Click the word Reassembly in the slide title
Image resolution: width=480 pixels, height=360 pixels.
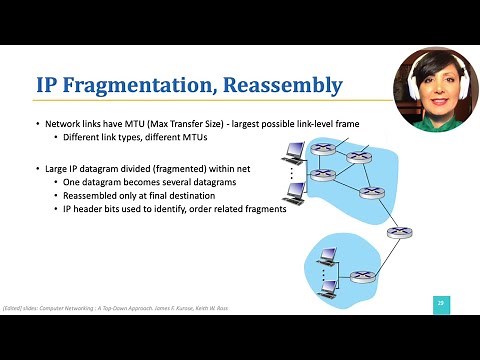point(280,85)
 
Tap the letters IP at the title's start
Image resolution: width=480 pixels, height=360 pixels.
point(50,85)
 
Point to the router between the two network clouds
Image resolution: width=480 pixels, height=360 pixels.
point(406,232)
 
